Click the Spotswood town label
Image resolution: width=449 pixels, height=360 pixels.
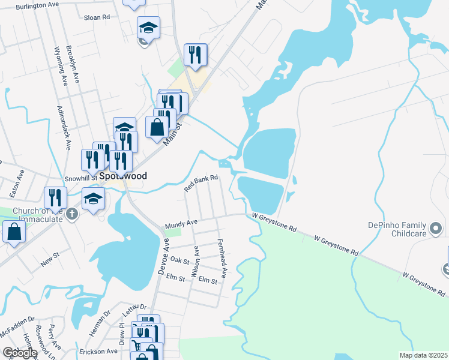coord(123,176)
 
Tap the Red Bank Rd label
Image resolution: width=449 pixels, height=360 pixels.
coord(200,183)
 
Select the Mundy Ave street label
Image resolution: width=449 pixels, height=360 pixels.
coord(181,223)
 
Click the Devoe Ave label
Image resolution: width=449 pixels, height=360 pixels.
coord(163,257)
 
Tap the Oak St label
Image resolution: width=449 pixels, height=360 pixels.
coord(179,260)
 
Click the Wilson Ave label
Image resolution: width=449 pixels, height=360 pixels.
coord(195,262)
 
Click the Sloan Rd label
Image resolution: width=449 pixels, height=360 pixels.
coord(97,17)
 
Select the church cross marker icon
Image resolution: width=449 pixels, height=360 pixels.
coord(72,214)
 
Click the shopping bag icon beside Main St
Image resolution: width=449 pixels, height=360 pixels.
coord(157,127)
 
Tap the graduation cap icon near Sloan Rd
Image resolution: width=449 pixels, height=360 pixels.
coord(148,27)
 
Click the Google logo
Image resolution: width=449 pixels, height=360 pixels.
coord(19,353)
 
